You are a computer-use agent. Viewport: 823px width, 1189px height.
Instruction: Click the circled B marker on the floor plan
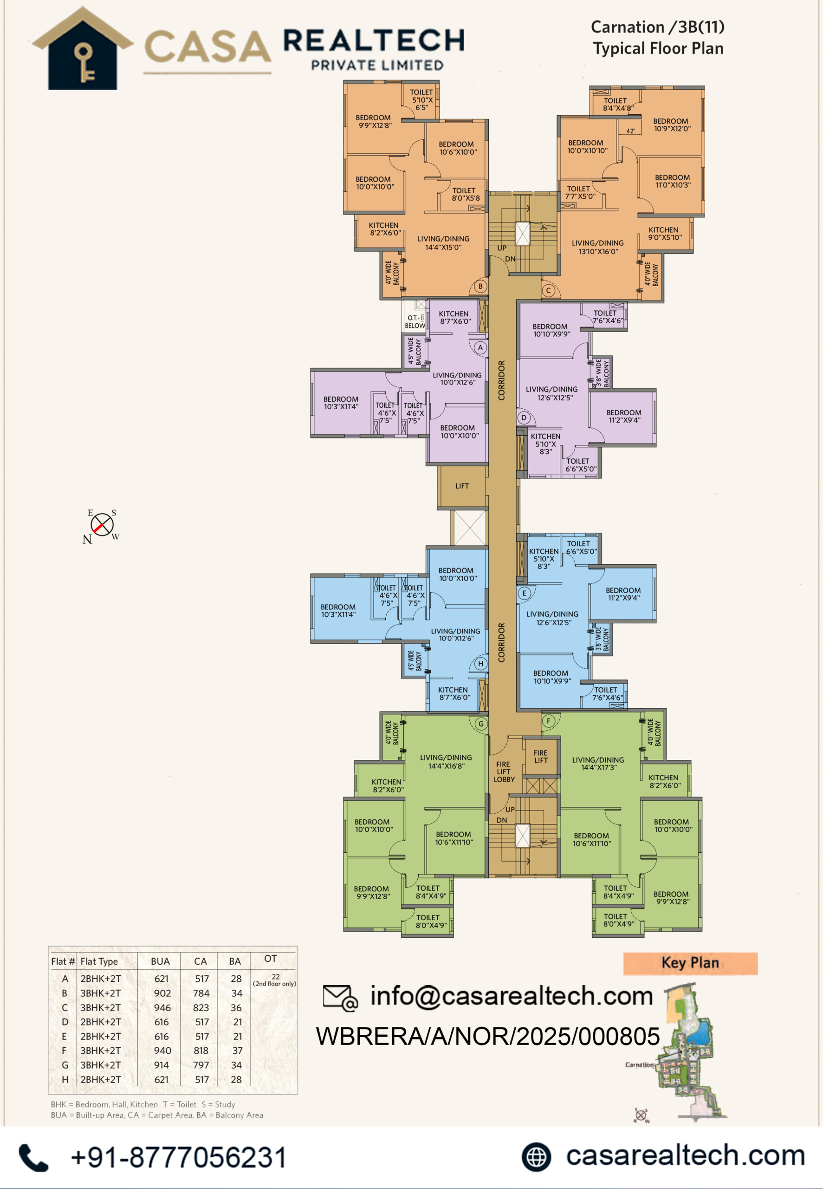(x=480, y=286)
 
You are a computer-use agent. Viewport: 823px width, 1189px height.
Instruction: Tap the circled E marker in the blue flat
(x=524, y=593)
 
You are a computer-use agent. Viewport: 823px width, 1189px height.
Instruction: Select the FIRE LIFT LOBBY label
(x=504, y=772)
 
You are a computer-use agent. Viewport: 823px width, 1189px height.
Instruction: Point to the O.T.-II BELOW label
(x=415, y=322)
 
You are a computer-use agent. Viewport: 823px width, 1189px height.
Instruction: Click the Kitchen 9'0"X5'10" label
(x=664, y=234)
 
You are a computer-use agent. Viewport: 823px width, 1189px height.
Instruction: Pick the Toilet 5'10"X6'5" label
(x=422, y=100)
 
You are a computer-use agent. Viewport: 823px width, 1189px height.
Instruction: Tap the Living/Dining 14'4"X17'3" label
(x=598, y=764)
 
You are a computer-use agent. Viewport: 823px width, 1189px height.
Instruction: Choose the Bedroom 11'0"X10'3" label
(x=673, y=181)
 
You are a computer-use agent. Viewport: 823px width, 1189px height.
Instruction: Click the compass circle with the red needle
(x=102, y=525)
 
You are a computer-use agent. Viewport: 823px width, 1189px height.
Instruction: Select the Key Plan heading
(x=690, y=962)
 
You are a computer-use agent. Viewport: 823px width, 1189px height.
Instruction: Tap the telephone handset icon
(x=33, y=1157)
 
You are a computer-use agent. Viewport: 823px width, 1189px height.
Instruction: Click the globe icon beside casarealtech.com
(x=536, y=1156)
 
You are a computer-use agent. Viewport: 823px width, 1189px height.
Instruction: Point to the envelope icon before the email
(x=340, y=997)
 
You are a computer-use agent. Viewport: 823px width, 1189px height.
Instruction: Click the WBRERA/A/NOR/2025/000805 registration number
(x=488, y=1036)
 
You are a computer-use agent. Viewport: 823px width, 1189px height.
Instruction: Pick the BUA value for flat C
(x=162, y=1007)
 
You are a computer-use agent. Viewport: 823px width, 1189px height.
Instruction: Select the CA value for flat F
(x=201, y=1050)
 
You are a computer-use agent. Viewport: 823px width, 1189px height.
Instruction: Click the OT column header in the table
(x=271, y=959)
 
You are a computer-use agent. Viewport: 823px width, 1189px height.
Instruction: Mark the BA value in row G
(x=236, y=1065)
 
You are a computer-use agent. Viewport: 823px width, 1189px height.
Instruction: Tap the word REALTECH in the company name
(x=374, y=40)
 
